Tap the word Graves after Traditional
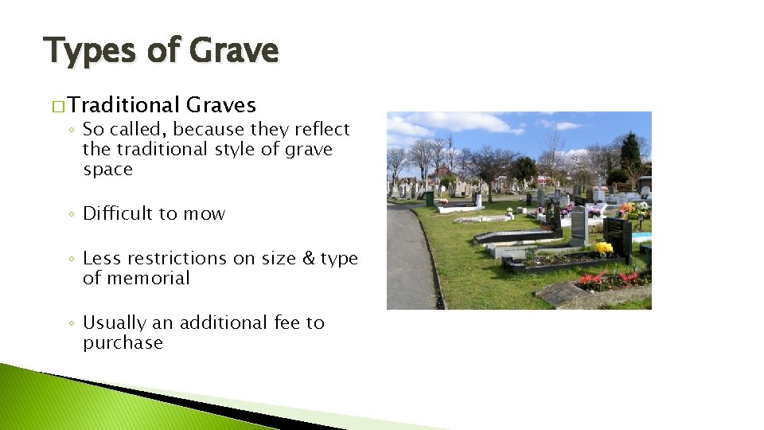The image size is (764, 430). click(220, 105)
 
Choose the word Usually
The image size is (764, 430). click(117, 322)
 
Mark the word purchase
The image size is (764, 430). click(123, 343)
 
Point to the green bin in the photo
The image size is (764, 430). click(429, 198)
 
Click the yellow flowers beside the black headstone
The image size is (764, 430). click(605, 248)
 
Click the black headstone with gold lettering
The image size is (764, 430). click(618, 235)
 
